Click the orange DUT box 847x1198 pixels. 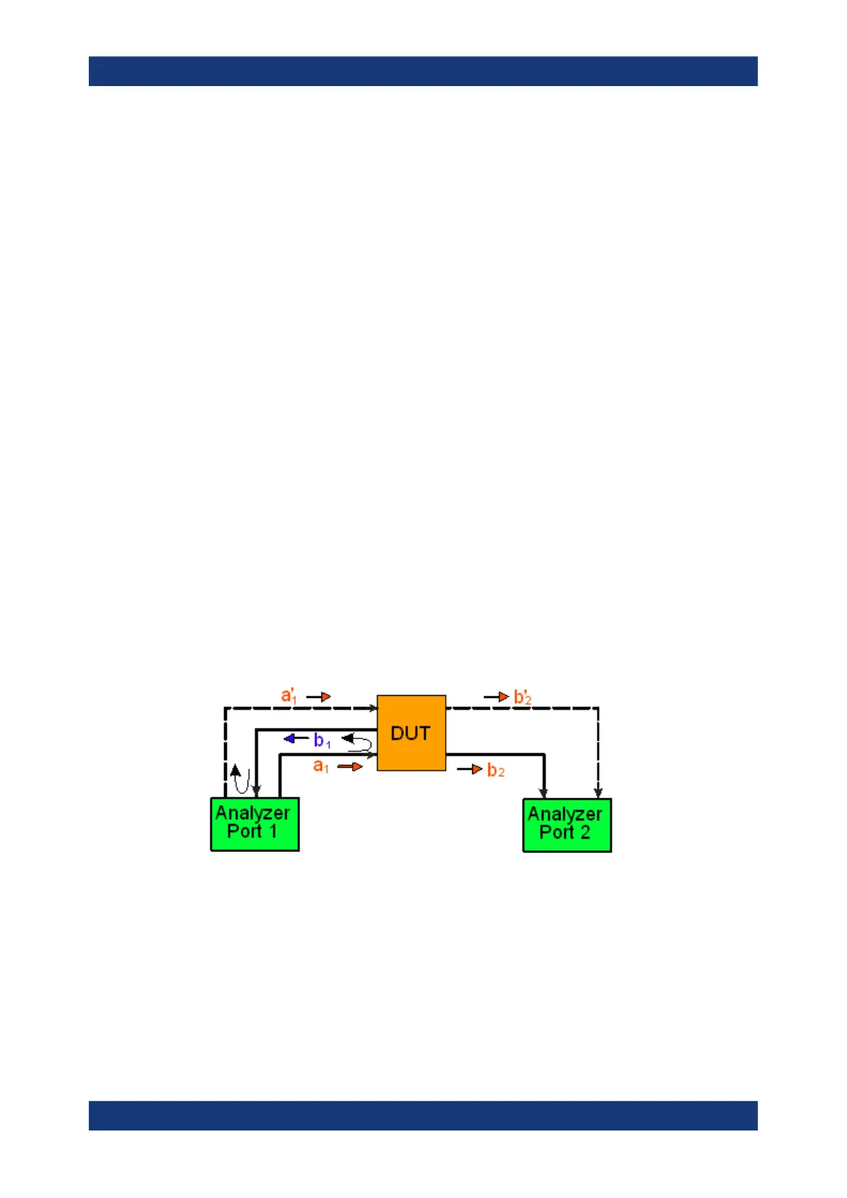point(411,733)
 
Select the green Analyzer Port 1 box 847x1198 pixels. point(255,824)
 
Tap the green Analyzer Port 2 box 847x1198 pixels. point(567,825)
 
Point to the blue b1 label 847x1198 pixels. point(322,741)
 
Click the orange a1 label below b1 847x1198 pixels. point(321,766)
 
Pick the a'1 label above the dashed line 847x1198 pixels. point(289,695)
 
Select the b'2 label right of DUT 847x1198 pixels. point(523,697)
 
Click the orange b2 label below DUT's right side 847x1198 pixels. point(496,770)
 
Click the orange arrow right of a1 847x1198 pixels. point(350,766)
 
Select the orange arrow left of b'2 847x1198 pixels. point(496,696)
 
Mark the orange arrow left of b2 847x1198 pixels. point(470,769)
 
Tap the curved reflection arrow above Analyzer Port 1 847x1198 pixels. point(240,778)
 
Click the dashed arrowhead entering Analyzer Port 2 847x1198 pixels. point(598,792)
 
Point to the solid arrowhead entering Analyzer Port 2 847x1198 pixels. point(544,792)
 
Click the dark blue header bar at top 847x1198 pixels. point(423,71)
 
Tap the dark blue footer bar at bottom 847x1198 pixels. point(423,1115)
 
